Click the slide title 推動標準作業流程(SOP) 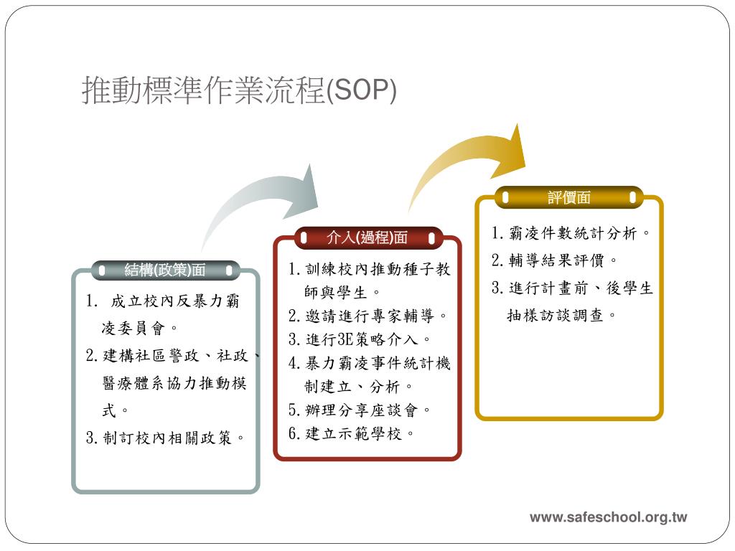[239, 91]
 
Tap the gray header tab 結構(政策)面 [165, 270]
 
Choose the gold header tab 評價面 [569, 197]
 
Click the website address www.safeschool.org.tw [608, 517]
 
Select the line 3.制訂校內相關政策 [166, 438]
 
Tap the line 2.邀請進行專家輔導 [369, 316]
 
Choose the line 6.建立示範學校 [352, 433]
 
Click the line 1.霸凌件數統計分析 [571, 234]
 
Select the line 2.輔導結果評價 [554, 260]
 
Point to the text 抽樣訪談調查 [562, 315]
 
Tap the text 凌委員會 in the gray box [140, 329]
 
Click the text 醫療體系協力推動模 [175, 383]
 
